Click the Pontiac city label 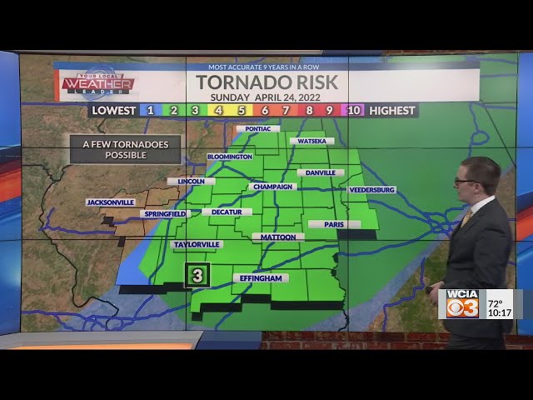[257, 129]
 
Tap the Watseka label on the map [311, 141]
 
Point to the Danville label [320, 172]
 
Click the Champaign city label [271, 187]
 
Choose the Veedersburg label [371, 190]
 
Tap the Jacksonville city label [110, 202]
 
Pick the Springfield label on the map [164, 214]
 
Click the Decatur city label [227, 212]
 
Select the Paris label [334, 224]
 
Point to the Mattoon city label [278, 237]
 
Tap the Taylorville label [197, 245]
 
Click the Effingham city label [260, 278]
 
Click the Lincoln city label [191, 181]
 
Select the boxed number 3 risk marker [197, 275]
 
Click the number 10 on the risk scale [354, 110]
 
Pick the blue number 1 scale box [150, 110]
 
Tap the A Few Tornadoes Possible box [125, 149]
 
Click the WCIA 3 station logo [462, 304]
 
